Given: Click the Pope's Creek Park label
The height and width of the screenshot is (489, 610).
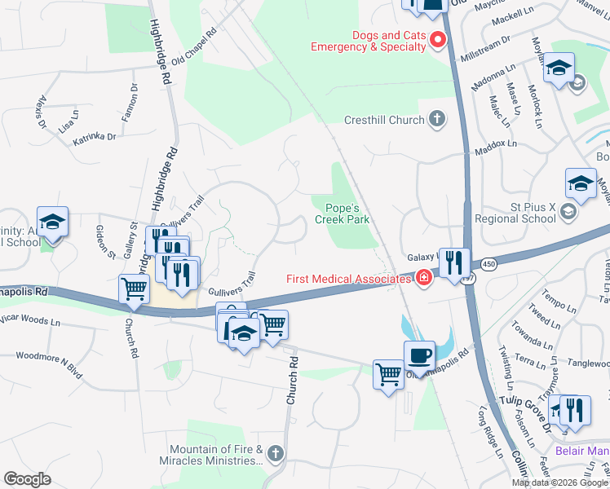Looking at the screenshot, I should click(x=342, y=214).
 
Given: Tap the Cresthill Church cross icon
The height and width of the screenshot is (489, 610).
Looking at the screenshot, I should click(x=437, y=120).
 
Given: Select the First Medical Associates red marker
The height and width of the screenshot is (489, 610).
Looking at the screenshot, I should click(x=423, y=279).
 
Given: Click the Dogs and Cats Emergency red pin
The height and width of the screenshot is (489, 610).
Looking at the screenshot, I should click(x=437, y=39).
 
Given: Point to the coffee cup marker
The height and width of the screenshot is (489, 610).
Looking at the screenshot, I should click(x=419, y=356).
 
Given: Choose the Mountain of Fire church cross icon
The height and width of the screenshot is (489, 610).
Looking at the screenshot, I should click(x=275, y=453).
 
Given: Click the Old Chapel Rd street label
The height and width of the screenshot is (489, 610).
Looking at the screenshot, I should click(x=193, y=48).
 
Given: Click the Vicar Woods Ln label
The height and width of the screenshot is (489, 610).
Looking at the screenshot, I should click(x=30, y=321).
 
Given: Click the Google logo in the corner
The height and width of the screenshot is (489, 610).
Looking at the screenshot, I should click(x=27, y=478).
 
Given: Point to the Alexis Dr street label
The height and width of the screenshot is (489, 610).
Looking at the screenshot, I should click(x=42, y=110).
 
